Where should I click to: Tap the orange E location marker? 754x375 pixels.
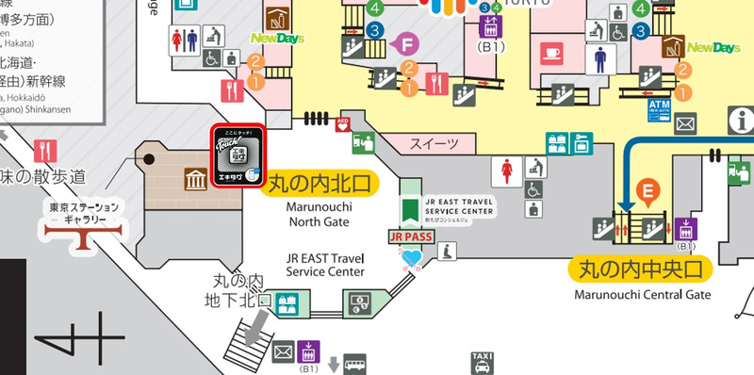pos(647,191)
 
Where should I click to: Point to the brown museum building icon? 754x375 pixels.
pos(197,179)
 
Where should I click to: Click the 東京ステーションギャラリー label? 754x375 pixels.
pos(85,213)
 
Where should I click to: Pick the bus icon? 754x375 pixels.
pos(354,364)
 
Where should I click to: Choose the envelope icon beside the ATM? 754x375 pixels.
pos(685,122)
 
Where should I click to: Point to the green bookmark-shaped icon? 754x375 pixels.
pos(410,208)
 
